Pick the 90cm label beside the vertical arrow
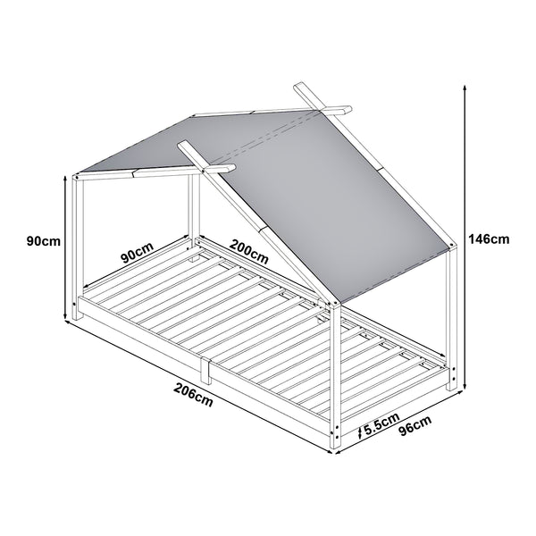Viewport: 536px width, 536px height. coord(43,241)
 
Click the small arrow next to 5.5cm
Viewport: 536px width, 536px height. coord(358,431)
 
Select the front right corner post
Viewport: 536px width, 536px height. coord(334,375)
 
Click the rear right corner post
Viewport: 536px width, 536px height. coord(454,322)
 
